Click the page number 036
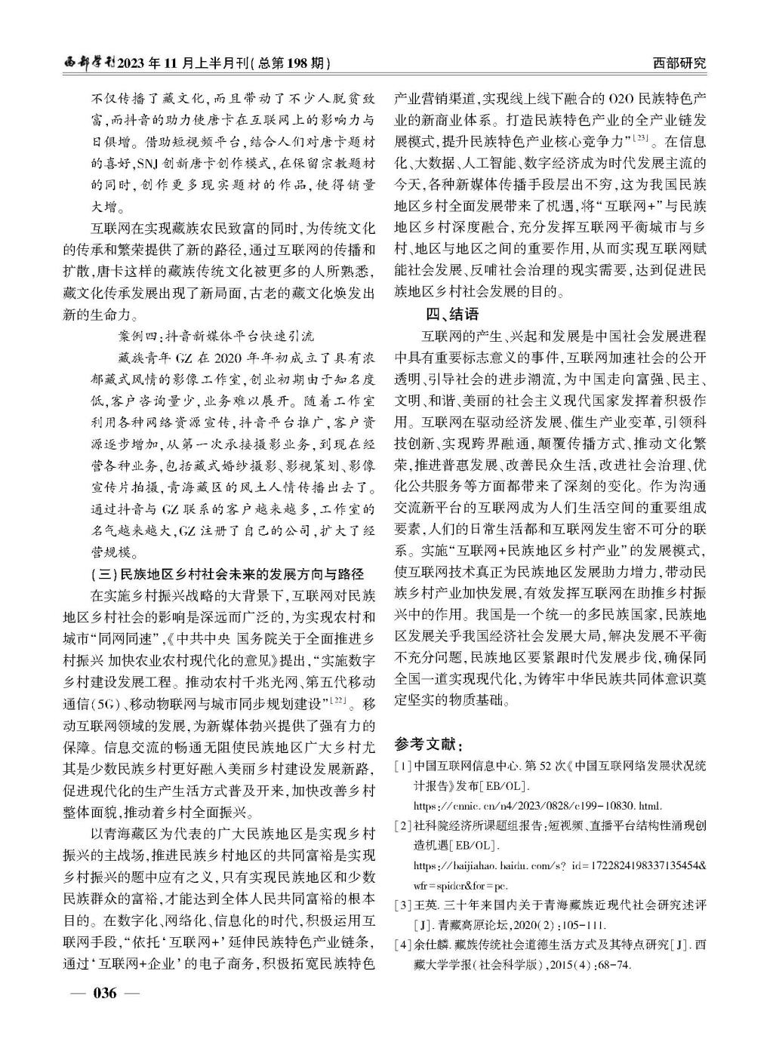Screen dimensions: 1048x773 pos(104,992)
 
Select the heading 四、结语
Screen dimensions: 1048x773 pos(451,314)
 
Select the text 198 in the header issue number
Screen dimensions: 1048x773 pos(291,63)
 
